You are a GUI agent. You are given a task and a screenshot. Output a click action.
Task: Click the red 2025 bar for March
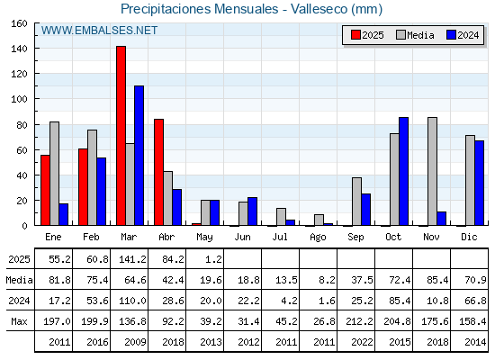(121, 136)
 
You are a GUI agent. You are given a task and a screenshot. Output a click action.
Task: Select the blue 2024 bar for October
(404, 171)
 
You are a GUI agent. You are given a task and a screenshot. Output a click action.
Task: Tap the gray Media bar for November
(432, 171)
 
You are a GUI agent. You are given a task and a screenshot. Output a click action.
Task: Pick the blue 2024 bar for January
(64, 214)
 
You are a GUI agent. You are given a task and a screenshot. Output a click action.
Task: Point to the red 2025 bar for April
(158, 172)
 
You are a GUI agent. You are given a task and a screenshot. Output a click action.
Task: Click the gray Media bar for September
(356, 202)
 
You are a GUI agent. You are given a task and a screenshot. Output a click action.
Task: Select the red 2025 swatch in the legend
(355, 35)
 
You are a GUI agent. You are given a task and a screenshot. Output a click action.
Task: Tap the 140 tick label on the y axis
(19, 49)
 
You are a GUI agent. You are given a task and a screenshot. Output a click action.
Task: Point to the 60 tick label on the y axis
(22, 150)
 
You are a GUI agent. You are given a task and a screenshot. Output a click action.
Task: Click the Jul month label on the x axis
(280, 237)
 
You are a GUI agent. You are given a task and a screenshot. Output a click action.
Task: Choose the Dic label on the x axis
(469, 237)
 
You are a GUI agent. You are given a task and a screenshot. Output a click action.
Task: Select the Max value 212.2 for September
(359, 321)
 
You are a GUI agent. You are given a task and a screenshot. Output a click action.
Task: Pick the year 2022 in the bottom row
(362, 342)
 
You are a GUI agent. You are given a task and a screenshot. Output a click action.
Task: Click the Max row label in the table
(19, 321)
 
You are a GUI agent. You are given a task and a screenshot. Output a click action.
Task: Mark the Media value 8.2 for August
(327, 280)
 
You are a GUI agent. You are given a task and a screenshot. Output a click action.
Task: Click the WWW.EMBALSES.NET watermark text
(99, 31)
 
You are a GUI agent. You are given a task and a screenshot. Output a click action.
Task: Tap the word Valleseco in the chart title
(319, 9)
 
